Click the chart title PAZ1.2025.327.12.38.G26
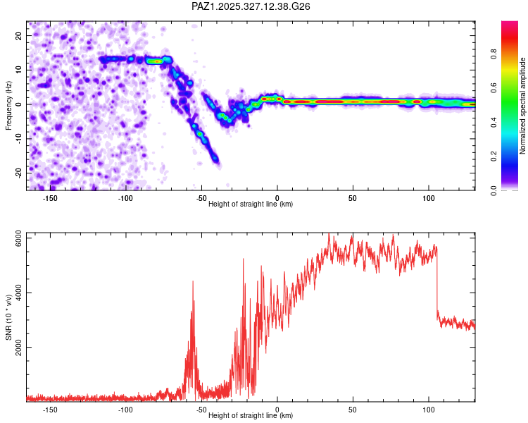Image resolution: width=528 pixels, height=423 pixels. pos(251,6)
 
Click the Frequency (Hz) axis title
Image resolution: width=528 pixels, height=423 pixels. pos(8,105)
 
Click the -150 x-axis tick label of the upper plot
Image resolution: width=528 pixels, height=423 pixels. pos(50,197)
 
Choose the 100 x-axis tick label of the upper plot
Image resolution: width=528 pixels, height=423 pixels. pos(428,197)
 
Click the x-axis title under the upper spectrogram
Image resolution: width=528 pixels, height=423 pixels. pos(251,204)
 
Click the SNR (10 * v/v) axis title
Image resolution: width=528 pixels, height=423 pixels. pos(8,317)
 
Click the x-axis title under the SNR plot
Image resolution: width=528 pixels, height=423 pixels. pos(251,415)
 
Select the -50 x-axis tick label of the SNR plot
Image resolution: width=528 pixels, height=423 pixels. pos(201,409)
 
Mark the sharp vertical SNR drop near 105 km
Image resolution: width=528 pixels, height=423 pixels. pos(437,282)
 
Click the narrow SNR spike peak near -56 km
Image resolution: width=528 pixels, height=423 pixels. pos(192,282)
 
